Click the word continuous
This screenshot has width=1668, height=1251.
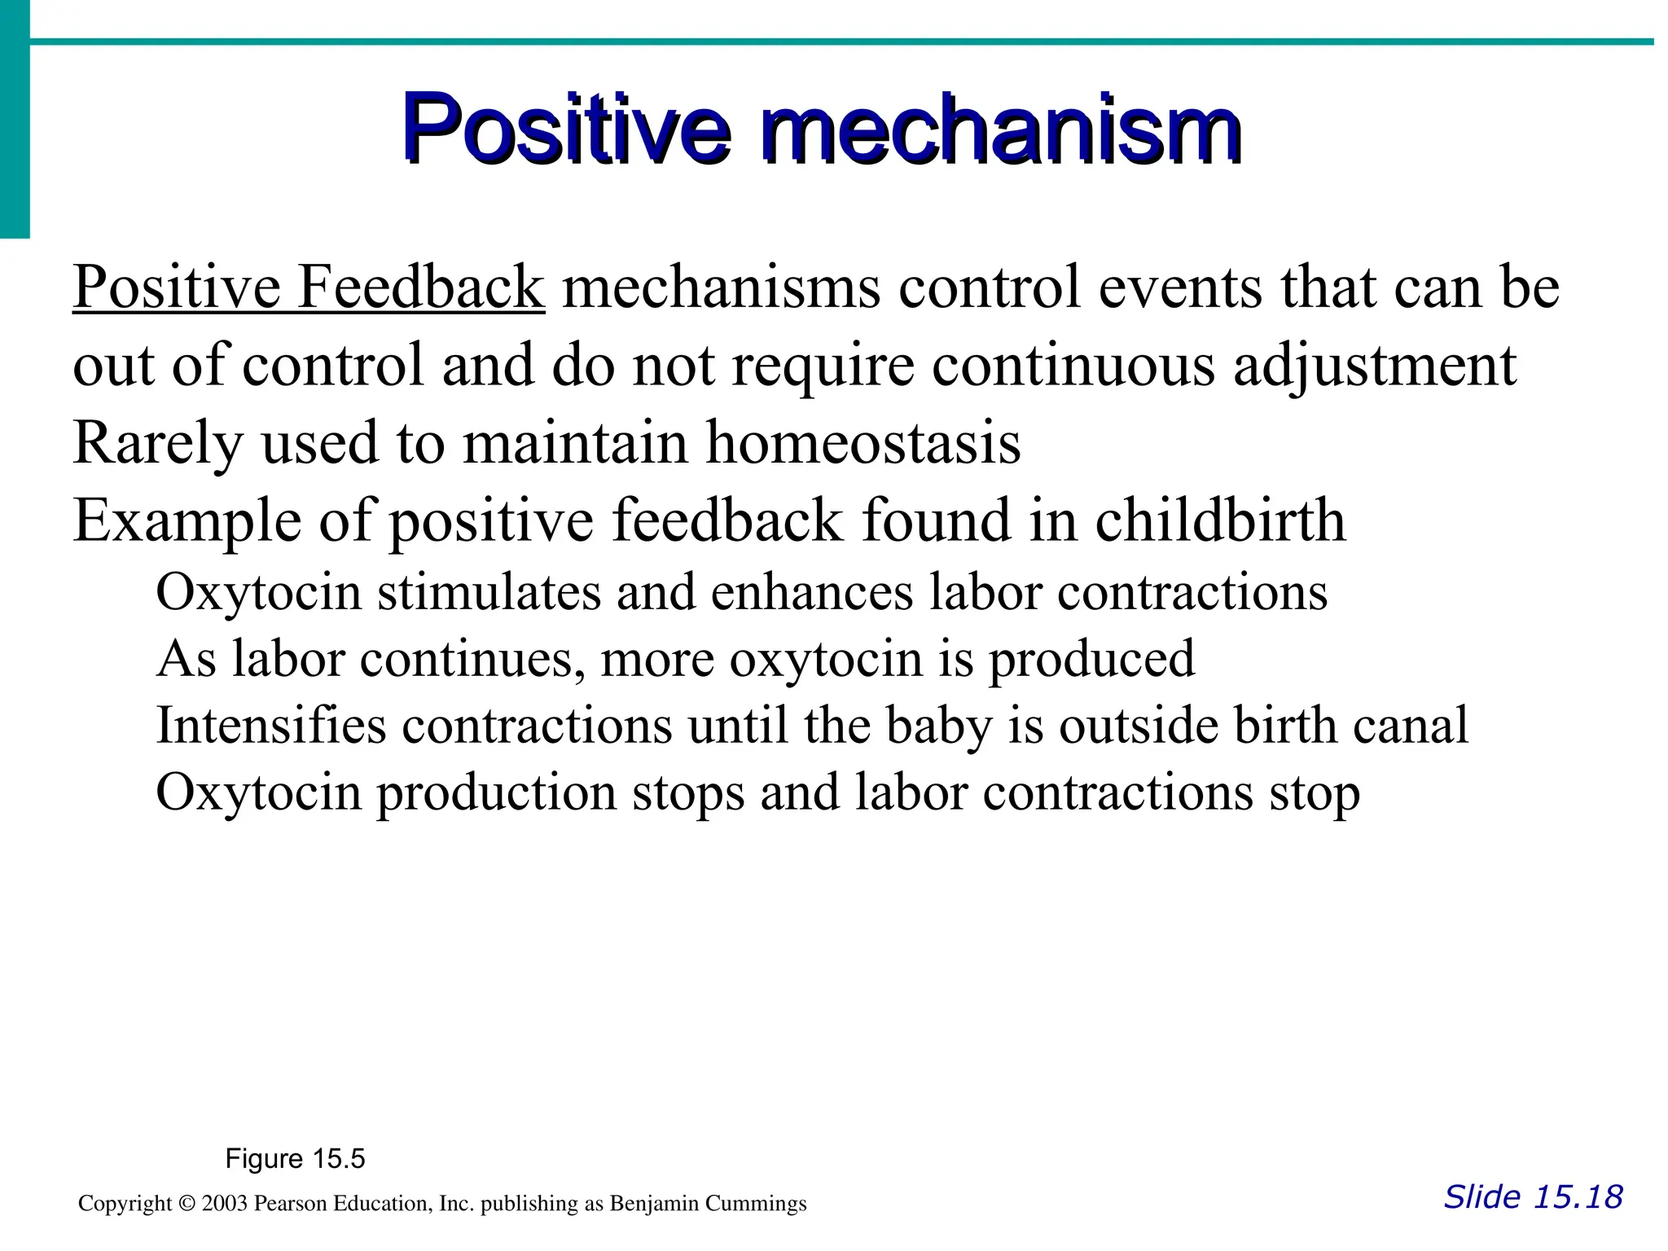click(1073, 366)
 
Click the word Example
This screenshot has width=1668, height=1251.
click(187, 521)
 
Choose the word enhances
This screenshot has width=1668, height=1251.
click(812, 592)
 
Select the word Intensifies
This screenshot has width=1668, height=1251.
click(270, 725)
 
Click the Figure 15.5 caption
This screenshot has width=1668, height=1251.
click(295, 1158)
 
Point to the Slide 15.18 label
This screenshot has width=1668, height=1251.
click(1533, 1197)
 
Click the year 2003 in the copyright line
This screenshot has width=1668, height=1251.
click(224, 1204)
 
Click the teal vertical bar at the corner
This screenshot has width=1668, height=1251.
click(15, 122)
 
